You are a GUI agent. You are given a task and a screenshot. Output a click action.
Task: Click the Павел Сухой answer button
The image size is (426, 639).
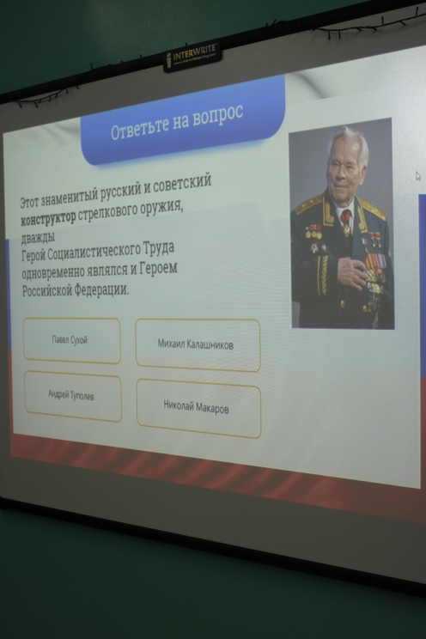tap(71, 340)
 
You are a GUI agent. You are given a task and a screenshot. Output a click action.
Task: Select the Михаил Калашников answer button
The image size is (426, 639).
tap(198, 344)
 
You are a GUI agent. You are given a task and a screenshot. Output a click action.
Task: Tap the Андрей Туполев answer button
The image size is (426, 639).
tap(72, 395)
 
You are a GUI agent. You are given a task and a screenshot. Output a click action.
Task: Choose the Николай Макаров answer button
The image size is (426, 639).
tap(198, 407)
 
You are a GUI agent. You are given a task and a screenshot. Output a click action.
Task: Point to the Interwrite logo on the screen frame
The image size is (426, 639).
tap(192, 57)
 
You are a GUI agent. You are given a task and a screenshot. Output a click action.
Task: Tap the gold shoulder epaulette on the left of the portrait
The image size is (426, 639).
tap(308, 204)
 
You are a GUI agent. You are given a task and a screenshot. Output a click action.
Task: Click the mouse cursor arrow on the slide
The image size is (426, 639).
tap(418, 176)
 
